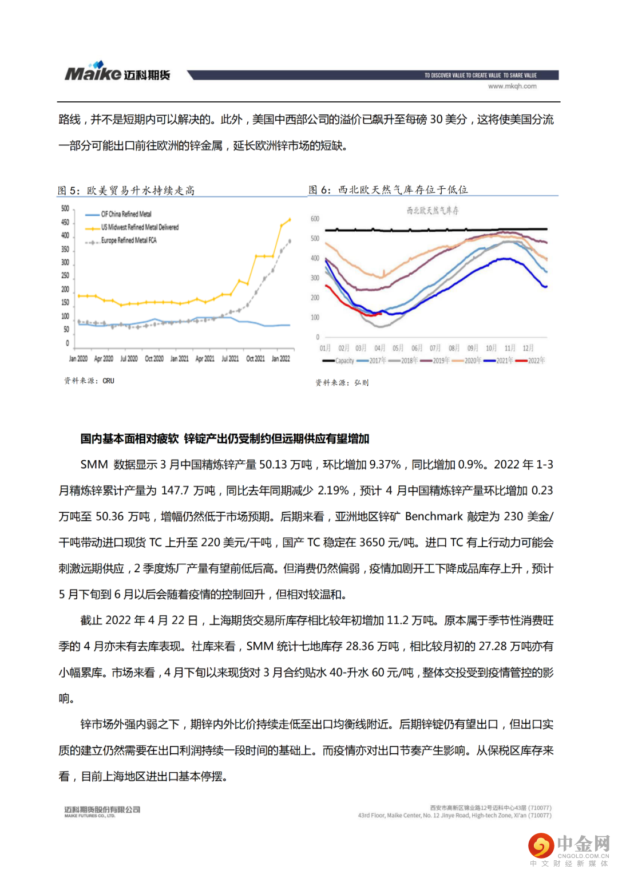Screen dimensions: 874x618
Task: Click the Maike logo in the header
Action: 117,73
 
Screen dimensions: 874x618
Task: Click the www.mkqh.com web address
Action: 512,86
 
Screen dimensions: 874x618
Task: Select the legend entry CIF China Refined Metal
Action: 126,214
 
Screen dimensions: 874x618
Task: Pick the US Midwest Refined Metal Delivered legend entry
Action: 140,227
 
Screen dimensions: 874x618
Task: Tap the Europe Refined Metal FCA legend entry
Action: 129,241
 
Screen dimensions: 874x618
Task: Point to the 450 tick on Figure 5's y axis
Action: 65,222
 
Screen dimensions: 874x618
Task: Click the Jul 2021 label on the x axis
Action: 230,359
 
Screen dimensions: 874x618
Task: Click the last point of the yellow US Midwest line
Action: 290,219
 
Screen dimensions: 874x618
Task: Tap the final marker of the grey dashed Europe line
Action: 290,241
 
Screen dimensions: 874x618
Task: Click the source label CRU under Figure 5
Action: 109,381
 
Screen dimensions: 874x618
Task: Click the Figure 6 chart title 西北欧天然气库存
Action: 433,211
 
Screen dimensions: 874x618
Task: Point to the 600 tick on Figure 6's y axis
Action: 315,219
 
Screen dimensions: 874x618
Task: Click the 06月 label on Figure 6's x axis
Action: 417,348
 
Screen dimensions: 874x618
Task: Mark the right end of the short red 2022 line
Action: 381,313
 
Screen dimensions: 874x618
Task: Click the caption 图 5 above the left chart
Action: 68,191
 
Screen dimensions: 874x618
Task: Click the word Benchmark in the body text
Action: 434,516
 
